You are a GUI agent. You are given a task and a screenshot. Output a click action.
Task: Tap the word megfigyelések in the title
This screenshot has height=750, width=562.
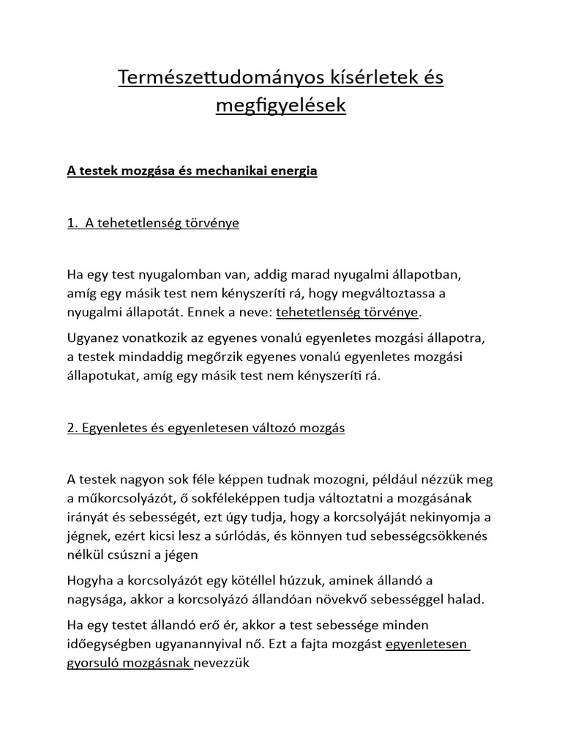[280, 105]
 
